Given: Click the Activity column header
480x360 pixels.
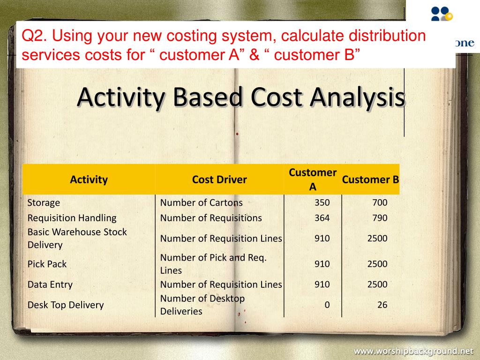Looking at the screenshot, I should click(x=89, y=180).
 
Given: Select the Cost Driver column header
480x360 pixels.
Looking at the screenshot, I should click(x=219, y=180).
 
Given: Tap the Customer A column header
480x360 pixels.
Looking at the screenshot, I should click(x=313, y=180).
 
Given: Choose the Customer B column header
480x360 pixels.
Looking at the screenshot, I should click(x=370, y=180).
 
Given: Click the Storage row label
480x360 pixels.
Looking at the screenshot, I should click(x=44, y=203).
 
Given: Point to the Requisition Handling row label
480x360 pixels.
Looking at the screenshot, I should click(x=72, y=218).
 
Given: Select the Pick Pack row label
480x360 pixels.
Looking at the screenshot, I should click(x=47, y=264).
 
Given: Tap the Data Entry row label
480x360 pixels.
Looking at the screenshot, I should click(x=50, y=285).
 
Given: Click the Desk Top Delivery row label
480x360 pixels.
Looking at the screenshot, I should click(x=65, y=305).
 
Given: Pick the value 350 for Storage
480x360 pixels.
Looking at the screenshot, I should click(x=322, y=203).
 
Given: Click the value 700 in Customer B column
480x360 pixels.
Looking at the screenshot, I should click(x=380, y=203).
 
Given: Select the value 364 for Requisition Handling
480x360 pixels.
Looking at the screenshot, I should click(x=322, y=218).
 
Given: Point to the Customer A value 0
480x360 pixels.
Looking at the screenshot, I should click(x=327, y=305).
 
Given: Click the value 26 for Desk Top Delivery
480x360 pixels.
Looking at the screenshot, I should click(x=382, y=305).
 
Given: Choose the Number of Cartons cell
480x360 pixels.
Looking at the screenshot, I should click(x=202, y=203).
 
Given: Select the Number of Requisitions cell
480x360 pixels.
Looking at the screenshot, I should click(x=211, y=218).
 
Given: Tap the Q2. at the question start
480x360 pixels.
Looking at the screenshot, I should click(x=36, y=36).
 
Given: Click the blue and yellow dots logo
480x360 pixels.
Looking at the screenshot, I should click(x=442, y=13).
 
